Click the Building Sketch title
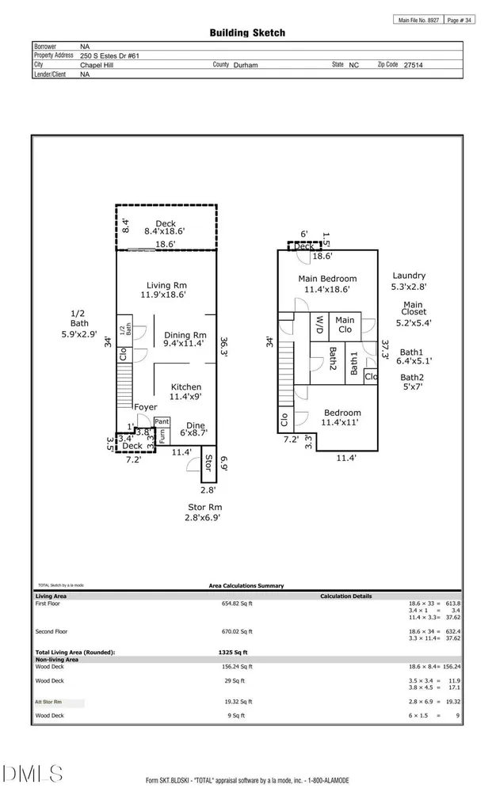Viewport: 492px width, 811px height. pos(247,32)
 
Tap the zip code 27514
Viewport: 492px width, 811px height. pos(414,65)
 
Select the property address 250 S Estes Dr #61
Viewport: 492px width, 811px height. pos(109,56)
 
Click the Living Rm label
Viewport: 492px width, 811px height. pos(166,285)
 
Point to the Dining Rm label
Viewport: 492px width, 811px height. pos(185,335)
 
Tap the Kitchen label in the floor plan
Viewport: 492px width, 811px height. pos(186,386)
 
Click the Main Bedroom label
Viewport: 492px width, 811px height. pos(327,278)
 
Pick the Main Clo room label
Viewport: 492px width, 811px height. pos(345,325)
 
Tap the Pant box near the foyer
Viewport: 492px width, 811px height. pos(162,421)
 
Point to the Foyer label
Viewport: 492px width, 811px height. pos(145,407)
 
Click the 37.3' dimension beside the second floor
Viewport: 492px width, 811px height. pos(385,349)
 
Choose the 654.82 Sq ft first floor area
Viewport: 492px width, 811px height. pos(238,603)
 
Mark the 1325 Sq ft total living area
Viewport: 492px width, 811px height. pos(234,653)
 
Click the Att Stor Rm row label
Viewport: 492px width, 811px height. pos(48,702)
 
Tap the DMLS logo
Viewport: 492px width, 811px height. pos(32,775)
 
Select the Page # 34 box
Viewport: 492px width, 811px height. pos(460,20)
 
